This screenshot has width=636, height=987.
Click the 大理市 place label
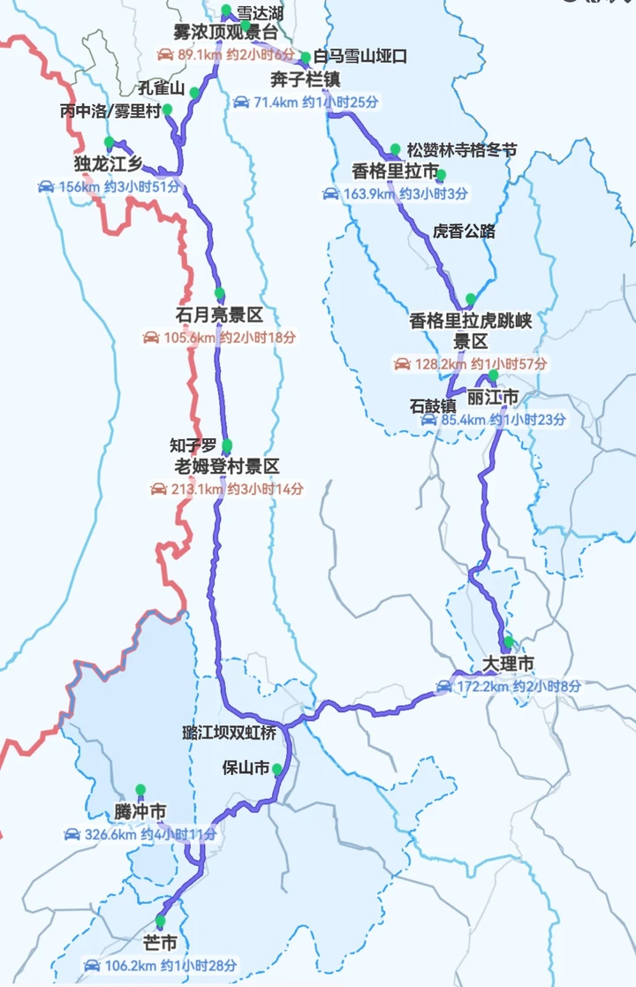509,663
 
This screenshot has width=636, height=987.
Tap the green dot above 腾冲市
140,789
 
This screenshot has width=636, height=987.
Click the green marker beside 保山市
277,769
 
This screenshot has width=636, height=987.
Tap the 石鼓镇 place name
433,406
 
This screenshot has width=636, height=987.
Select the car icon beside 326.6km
72,834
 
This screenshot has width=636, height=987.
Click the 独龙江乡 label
109,164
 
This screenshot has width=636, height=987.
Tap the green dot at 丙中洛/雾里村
168,110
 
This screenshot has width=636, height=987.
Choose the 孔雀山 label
161,89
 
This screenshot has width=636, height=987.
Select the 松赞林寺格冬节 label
462,149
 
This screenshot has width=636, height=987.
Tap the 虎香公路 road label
464,232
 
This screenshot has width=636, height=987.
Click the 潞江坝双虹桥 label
229,733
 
